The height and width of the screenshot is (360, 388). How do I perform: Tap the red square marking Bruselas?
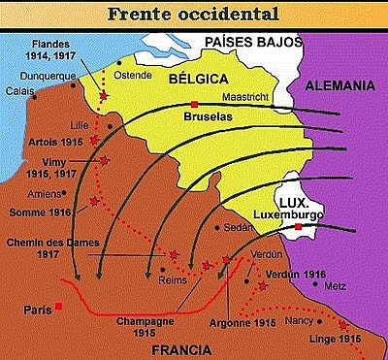coord(195,103)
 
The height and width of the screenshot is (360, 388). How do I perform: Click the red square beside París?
coord(60,306)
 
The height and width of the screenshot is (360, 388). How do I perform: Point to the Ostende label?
coord(135,74)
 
